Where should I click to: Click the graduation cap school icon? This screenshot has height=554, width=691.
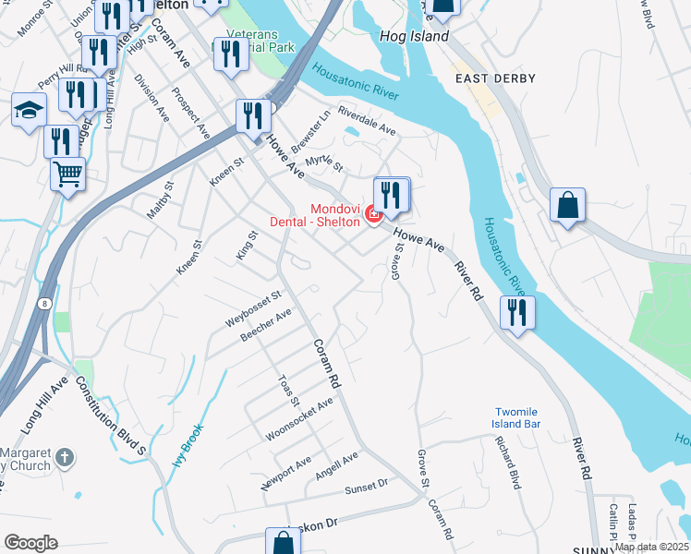(29, 110)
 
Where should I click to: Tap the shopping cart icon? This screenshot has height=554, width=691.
(68, 173)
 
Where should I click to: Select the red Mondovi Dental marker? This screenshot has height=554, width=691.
(373, 215)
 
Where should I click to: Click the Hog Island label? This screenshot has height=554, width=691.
(414, 37)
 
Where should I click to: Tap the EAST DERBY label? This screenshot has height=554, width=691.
(495, 78)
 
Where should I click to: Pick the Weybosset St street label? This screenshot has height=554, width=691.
(252, 307)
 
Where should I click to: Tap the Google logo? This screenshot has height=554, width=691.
(30, 543)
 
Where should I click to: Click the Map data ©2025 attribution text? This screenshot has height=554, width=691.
(651, 547)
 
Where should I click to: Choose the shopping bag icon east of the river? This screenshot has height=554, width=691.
(567, 206)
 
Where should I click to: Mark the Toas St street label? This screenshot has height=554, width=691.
(288, 390)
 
